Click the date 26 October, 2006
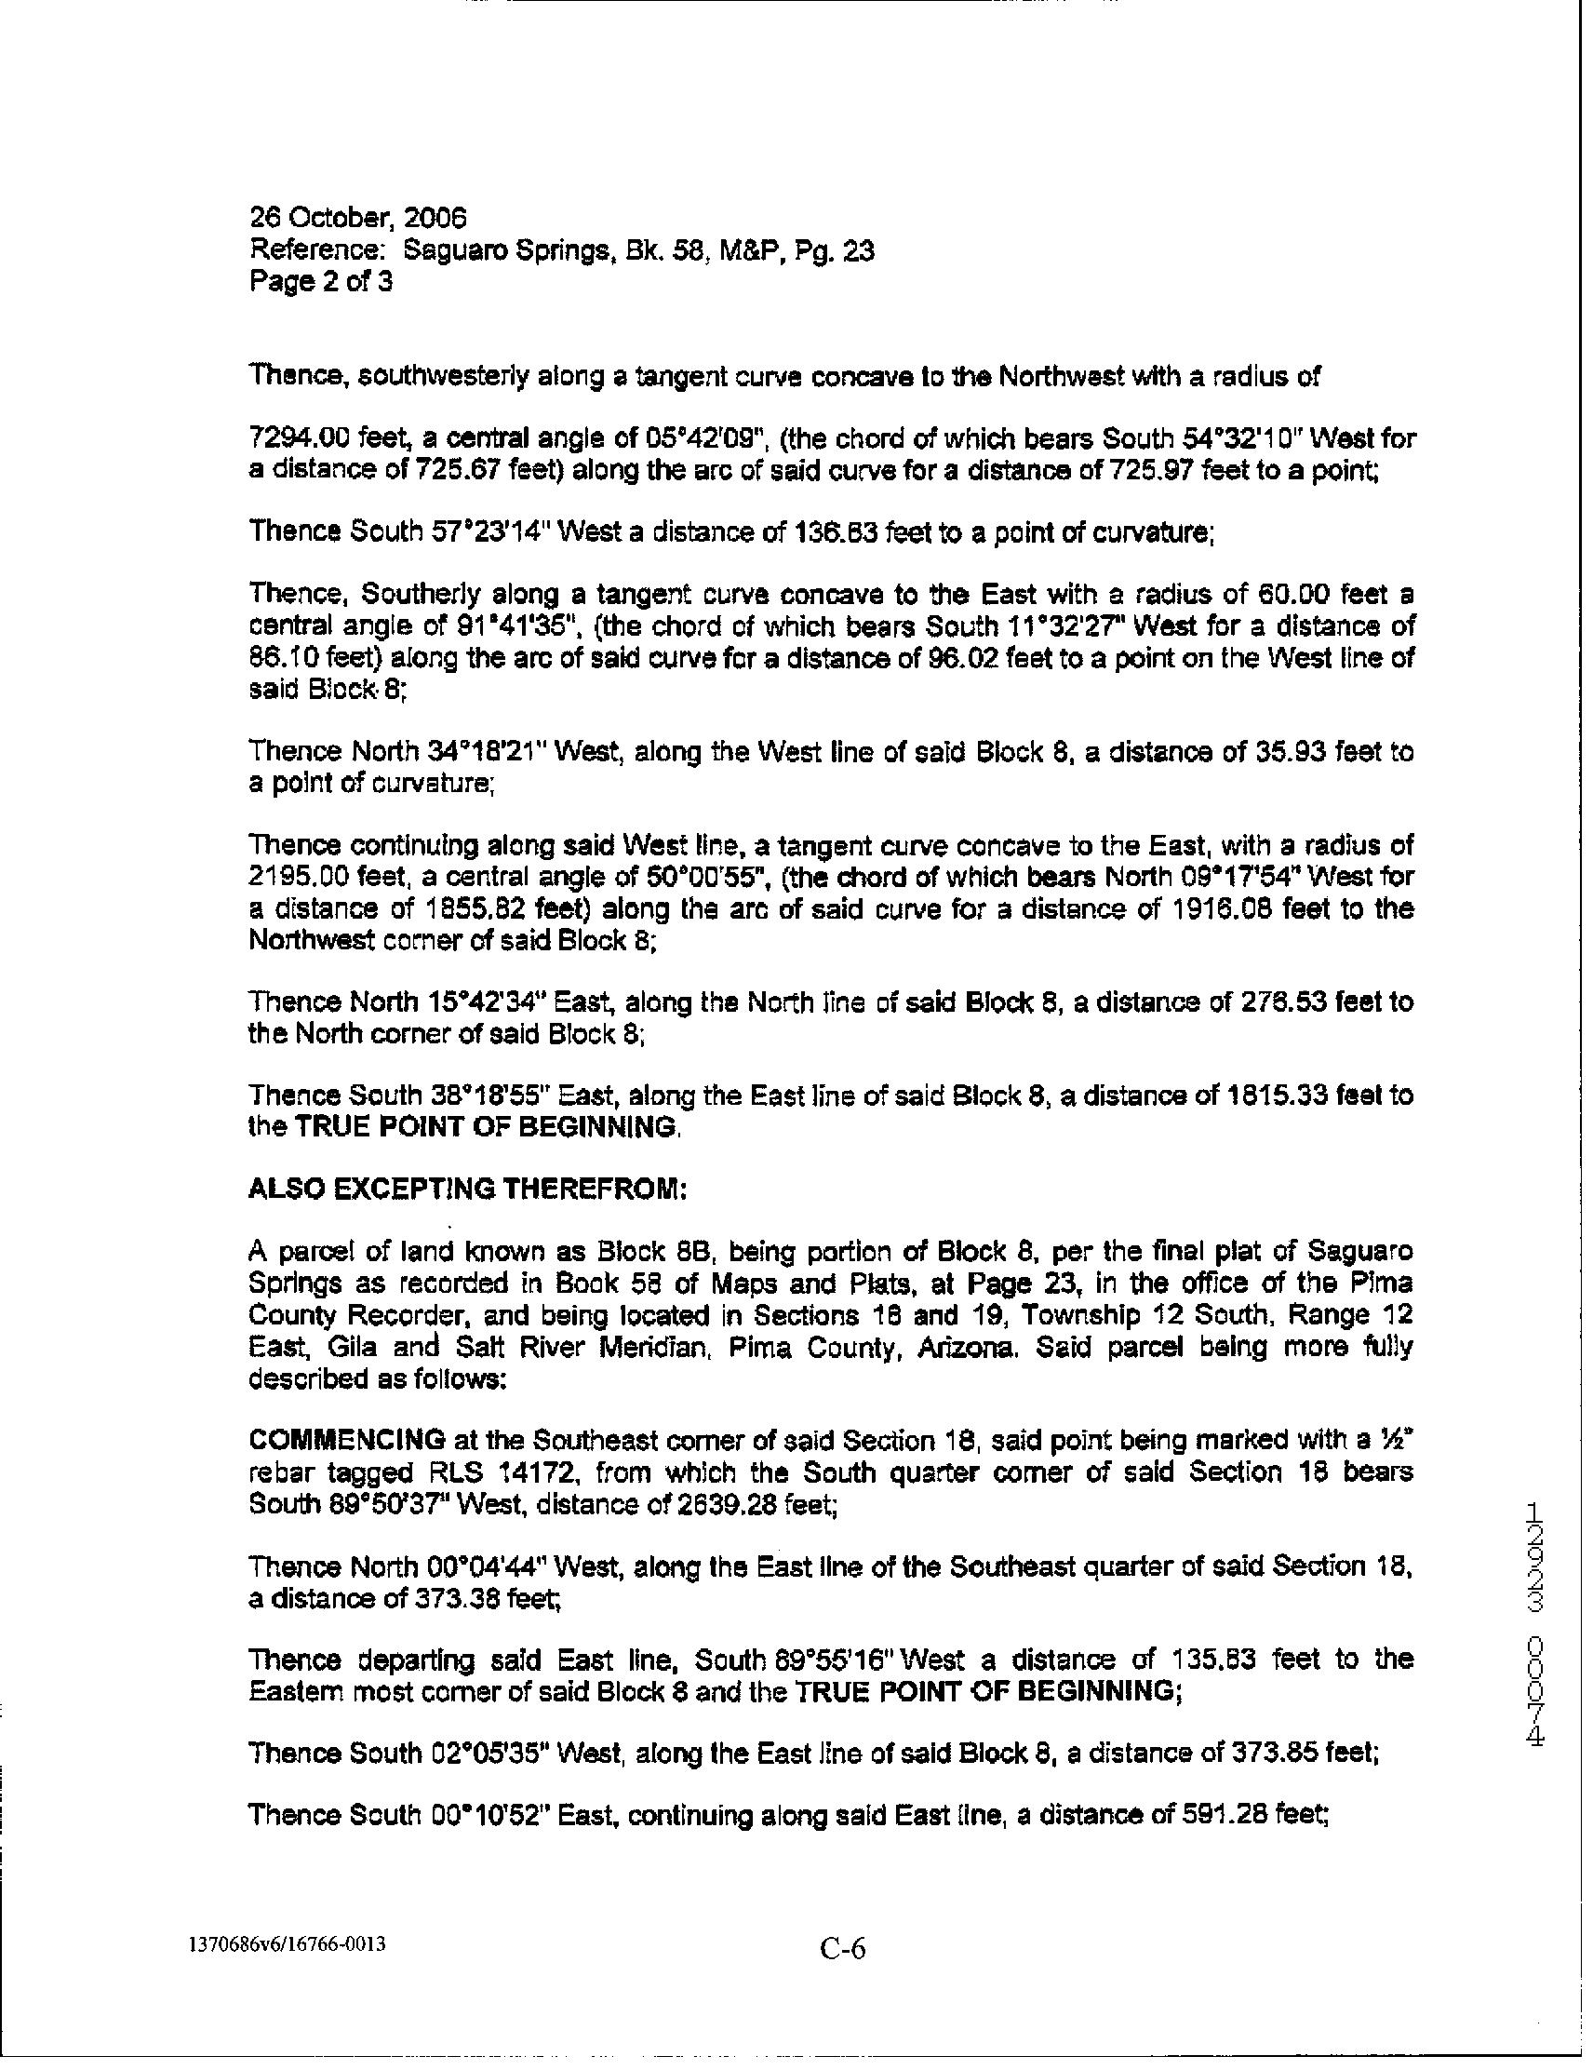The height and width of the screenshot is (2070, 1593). click(x=357, y=219)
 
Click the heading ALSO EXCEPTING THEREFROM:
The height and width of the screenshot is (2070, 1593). click(x=467, y=1189)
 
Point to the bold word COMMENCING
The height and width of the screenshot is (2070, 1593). click(x=347, y=1440)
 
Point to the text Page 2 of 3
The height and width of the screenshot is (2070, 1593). click(x=320, y=281)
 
